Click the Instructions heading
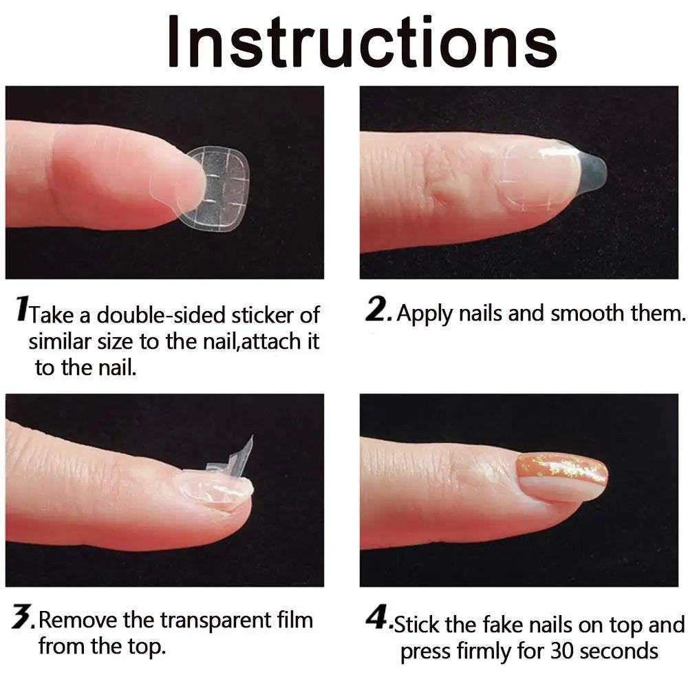pyautogui.click(x=362, y=43)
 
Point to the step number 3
pyautogui.click(x=23, y=619)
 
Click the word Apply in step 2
pyautogui.click(x=420, y=314)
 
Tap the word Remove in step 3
pyautogui.click(x=78, y=621)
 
